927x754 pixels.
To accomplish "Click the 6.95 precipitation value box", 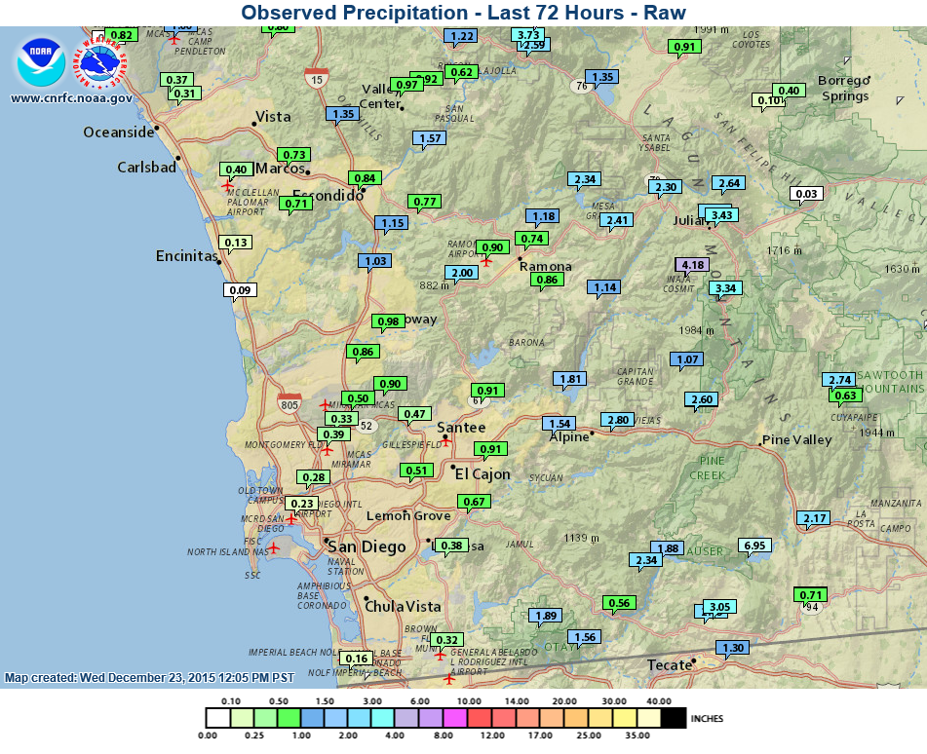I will (x=754, y=546).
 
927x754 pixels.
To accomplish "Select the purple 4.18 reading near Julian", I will (x=694, y=265).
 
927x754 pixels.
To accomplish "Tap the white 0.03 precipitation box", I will (x=806, y=195).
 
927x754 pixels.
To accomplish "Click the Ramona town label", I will (x=545, y=266).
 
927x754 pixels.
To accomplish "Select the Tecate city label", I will (x=668, y=665).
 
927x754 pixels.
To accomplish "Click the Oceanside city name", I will (x=119, y=132).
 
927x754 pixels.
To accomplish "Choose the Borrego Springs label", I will (x=844, y=88).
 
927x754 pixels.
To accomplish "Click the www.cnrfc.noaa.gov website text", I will (x=71, y=97).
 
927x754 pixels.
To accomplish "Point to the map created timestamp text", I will (x=149, y=677).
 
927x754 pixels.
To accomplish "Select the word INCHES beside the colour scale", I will (x=707, y=719).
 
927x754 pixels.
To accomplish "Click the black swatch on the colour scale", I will (x=674, y=718).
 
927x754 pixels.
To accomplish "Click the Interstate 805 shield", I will (x=290, y=403).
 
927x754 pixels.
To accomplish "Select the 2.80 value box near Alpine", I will (x=617, y=421).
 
